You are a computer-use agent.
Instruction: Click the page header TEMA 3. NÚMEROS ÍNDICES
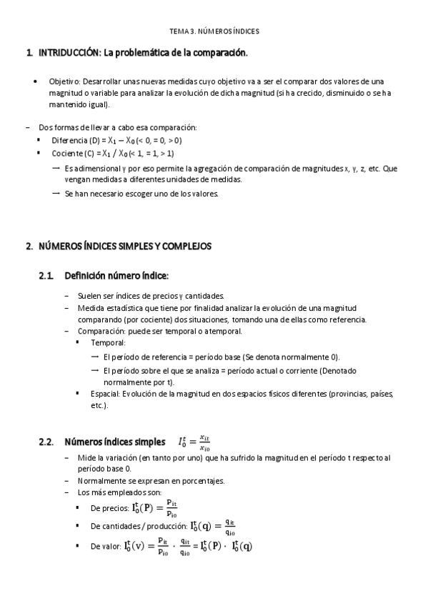tap(214, 31)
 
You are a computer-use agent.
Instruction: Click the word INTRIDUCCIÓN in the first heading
tap(71, 53)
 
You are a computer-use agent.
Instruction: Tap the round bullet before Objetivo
tap(36, 81)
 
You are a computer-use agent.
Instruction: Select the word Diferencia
tap(69, 140)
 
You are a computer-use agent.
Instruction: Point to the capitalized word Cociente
tap(66, 153)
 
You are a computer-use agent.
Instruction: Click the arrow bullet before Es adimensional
tap(56, 168)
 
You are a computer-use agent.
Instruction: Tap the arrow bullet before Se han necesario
tap(56, 193)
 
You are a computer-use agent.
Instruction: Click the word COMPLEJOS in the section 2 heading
tap(181, 246)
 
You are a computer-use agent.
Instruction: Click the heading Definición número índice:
tap(116, 275)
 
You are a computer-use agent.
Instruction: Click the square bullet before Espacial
tap(77, 393)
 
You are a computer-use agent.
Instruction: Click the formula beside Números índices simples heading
tap(195, 442)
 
